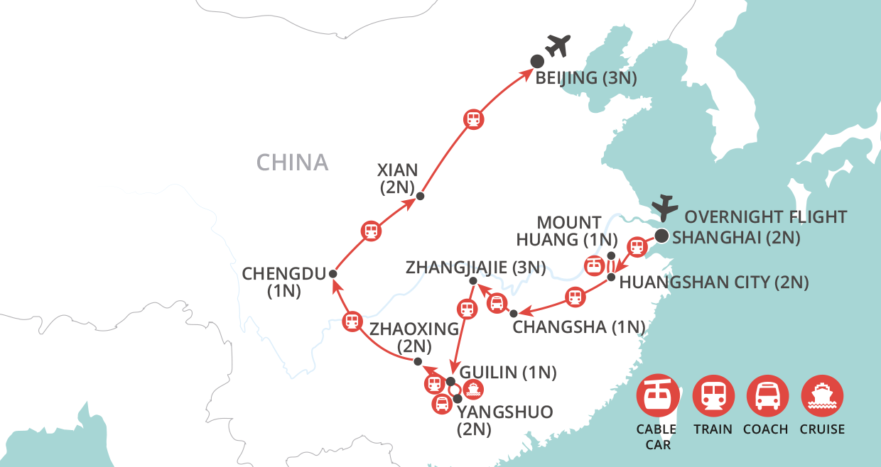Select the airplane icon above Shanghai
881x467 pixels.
click(x=666, y=207)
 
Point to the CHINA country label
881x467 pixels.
click(x=293, y=163)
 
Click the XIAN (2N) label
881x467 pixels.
click(x=398, y=180)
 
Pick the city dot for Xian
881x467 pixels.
click(x=420, y=197)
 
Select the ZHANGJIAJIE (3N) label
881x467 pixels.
click(x=475, y=268)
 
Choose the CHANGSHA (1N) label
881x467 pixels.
click(x=578, y=327)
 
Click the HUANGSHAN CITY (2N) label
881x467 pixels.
click(x=714, y=282)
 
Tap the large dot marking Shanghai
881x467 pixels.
click(x=661, y=236)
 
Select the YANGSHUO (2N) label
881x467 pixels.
click(x=504, y=421)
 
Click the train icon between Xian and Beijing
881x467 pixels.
click(x=473, y=119)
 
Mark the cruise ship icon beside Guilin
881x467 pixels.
click(x=472, y=388)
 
